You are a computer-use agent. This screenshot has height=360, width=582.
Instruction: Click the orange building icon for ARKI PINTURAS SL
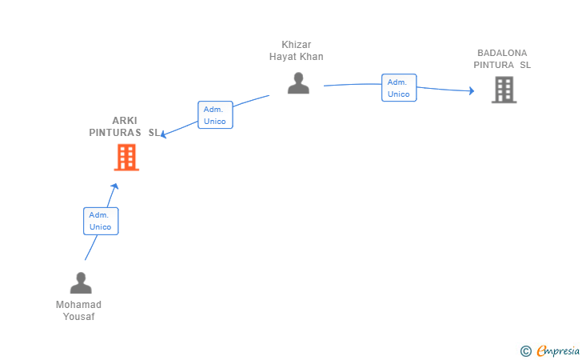coord(126,158)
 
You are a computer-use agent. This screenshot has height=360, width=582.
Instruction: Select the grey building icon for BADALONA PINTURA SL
coord(504,90)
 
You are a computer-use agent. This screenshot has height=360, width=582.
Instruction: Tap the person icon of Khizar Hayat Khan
coord(298,83)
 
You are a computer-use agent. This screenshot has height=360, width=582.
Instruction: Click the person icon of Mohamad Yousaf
coord(81,282)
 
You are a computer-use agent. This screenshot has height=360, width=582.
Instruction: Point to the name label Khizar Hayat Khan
coord(296,50)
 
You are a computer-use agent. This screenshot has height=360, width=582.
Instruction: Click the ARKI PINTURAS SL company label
coord(125,126)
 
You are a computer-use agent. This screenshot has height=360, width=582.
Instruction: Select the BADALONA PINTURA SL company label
coord(502,58)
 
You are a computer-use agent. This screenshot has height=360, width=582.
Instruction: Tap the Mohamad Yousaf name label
coord(78,310)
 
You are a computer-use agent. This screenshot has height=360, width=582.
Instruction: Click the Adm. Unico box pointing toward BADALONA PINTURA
coord(399,88)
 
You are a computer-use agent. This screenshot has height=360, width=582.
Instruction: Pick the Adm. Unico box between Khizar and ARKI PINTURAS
coord(215,114)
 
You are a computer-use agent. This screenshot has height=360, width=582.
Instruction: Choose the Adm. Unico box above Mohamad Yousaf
coord(101,221)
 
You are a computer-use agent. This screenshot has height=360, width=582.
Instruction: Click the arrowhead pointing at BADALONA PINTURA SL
coord(472,90)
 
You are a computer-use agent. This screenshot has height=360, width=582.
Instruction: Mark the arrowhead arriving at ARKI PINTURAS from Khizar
coord(164,134)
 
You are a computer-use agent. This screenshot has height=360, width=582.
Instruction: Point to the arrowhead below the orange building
coord(114,186)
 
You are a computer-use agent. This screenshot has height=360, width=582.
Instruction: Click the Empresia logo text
coord(558,350)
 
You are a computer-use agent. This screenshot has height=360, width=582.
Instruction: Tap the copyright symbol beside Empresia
coord(526,351)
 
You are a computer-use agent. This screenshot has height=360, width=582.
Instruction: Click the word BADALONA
coord(502,53)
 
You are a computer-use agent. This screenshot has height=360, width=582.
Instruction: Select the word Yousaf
coord(78,317)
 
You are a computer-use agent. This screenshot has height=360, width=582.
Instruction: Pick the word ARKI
coord(125,120)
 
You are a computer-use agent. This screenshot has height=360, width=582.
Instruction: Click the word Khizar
coord(296,45)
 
